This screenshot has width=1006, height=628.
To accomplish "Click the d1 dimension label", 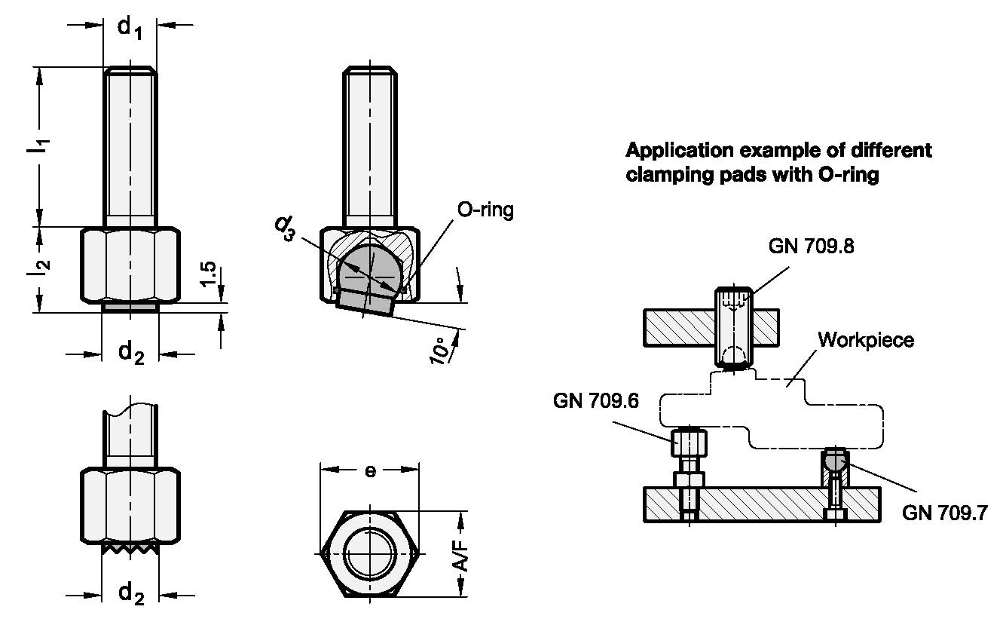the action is pyautogui.click(x=130, y=28).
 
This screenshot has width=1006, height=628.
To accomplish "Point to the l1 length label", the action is pyautogui.click(x=38, y=146).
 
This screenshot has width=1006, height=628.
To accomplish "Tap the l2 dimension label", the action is pyautogui.click(x=39, y=268).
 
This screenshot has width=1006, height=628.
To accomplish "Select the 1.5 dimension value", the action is pyautogui.click(x=208, y=274).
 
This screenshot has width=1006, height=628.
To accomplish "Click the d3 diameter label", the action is pyautogui.click(x=286, y=228).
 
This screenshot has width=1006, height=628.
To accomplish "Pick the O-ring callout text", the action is pyautogui.click(x=485, y=210).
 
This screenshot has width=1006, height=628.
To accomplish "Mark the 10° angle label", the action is pyautogui.click(x=439, y=351).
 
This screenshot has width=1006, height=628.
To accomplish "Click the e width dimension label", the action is pyautogui.click(x=370, y=470).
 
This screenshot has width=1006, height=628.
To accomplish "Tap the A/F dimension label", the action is pyautogui.click(x=461, y=557).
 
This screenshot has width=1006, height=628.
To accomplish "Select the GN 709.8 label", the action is pyautogui.click(x=811, y=247).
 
